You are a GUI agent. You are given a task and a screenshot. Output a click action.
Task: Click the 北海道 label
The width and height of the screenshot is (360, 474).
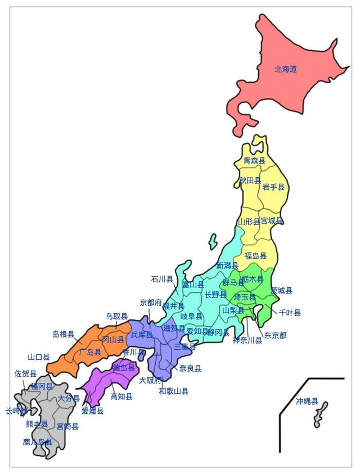click(285, 69)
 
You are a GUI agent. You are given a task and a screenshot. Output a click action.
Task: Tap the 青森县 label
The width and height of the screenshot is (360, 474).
click(254, 161)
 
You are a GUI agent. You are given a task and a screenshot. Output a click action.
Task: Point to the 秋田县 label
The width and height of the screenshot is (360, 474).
click(250, 180)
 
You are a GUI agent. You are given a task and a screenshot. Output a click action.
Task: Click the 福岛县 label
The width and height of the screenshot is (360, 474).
click(255, 256)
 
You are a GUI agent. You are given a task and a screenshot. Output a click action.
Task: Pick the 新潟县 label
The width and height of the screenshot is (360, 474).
click(227, 265)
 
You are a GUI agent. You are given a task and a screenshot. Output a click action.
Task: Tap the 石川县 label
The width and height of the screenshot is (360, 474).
click(162, 279)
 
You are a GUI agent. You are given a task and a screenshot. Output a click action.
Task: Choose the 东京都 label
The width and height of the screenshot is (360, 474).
click(275, 335)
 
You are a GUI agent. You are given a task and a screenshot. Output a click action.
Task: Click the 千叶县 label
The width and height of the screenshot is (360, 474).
click(290, 313)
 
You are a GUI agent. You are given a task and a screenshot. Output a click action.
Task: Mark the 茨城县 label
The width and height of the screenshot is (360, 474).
click(281, 291)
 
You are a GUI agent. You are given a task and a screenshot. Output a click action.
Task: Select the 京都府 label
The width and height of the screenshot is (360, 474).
click(151, 303)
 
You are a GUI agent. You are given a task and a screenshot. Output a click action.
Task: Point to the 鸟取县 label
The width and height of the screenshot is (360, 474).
click(117, 317)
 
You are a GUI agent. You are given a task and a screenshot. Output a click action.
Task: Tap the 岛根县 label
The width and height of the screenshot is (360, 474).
click(64, 334)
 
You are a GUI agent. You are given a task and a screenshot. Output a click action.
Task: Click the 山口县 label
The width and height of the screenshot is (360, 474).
click(39, 357)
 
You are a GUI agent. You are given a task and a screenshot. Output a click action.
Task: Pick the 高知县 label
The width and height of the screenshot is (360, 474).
click(121, 396)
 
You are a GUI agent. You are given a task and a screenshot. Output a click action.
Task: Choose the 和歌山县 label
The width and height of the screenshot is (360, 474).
click(173, 391)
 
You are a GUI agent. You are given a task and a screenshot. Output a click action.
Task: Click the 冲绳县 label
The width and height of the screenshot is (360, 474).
click(307, 401)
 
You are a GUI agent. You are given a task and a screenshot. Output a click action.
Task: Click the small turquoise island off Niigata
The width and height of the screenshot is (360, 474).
click(213, 242)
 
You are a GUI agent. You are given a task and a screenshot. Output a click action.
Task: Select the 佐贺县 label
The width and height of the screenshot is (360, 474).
click(25, 373)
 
